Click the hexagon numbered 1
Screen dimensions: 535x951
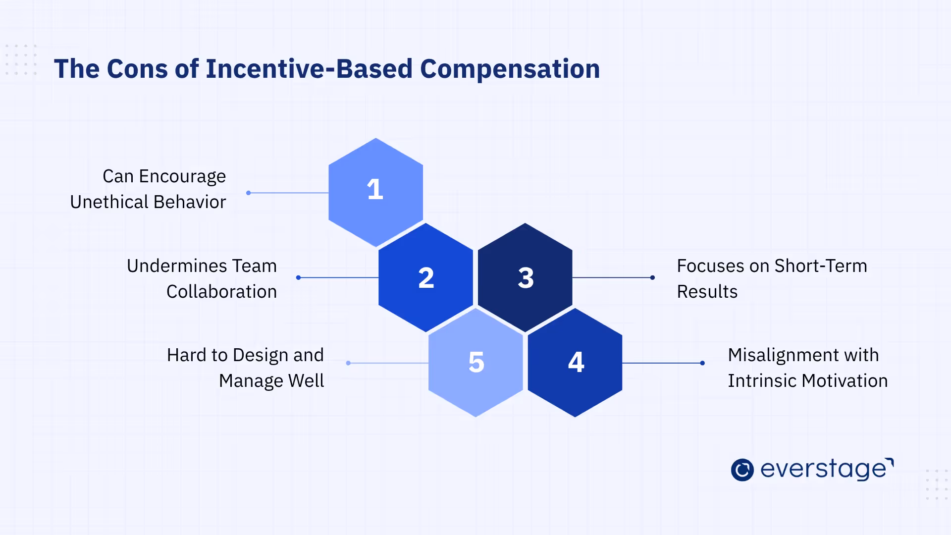click(375, 192)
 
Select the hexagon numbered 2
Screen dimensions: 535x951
click(425, 277)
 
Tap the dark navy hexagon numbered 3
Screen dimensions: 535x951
click(525, 277)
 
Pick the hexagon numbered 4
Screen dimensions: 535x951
click(575, 363)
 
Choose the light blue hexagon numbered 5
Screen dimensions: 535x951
click(475, 363)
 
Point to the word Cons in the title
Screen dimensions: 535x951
click(137, 69)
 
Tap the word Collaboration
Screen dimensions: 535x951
click(221, 292)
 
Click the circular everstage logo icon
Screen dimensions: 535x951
click(742, 470)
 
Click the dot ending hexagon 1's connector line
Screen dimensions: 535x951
click(249, 193)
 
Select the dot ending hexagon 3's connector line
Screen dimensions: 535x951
click(652, 277)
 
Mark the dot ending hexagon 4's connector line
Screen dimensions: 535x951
click(702, 363)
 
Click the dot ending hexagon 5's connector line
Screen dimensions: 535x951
click(348, 363)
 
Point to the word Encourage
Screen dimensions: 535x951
click(182, 177)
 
